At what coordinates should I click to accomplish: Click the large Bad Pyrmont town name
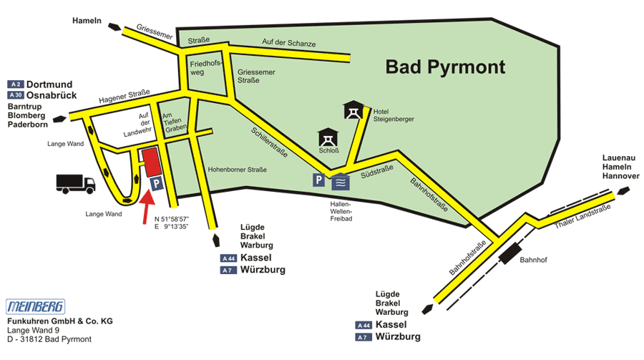tap(445, 68)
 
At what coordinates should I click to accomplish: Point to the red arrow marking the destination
tap(145, 209)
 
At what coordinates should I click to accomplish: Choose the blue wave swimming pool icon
tap(341, 181)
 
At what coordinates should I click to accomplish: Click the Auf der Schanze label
tap(289, 44)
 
